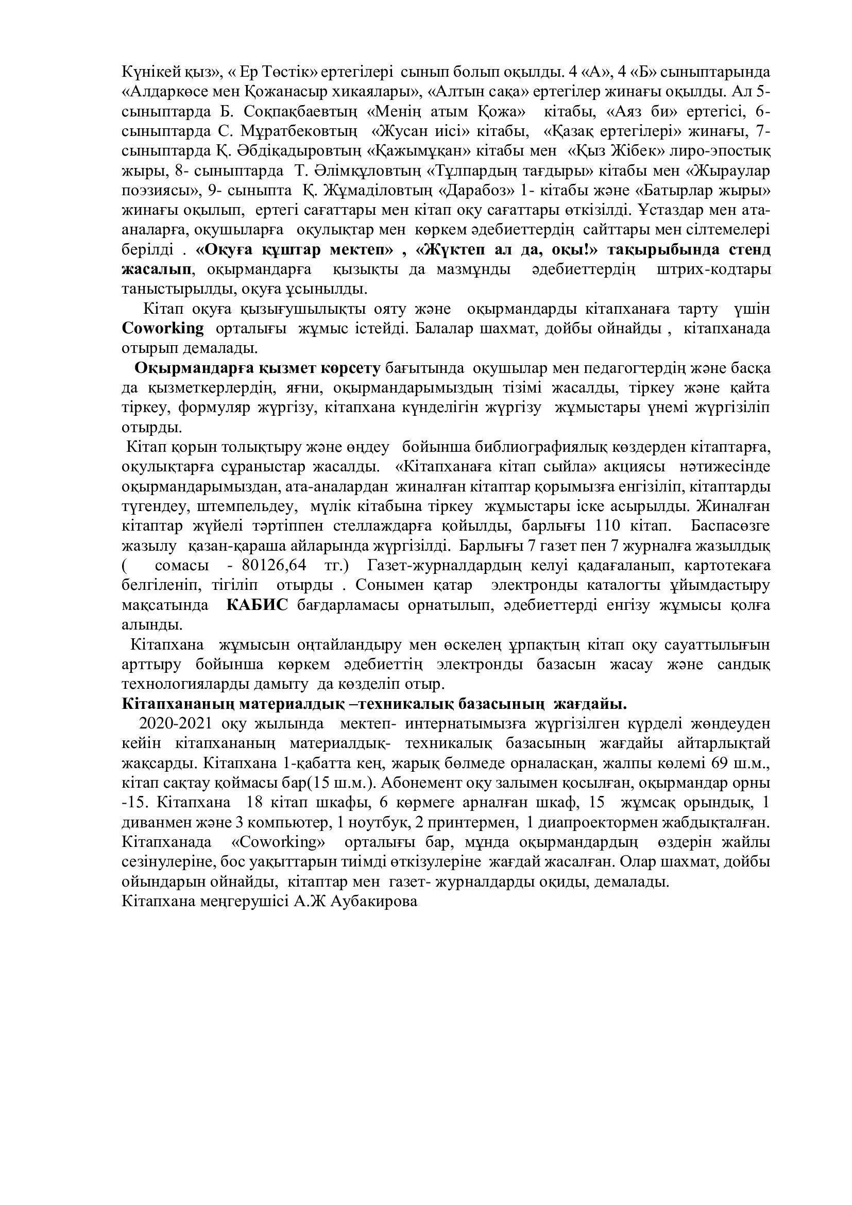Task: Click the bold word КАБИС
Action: click(257, 605)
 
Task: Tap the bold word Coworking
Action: click(163, 329)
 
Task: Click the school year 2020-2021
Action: click(175, 723)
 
